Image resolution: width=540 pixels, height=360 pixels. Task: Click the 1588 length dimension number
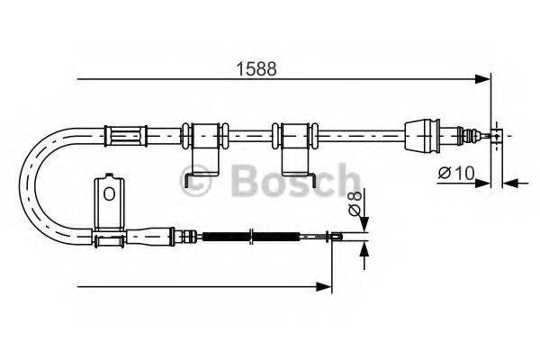coord(256,69)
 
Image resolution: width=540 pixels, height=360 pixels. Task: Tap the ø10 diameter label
coord(456,173)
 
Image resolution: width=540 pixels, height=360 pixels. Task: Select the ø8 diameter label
coord(355,203)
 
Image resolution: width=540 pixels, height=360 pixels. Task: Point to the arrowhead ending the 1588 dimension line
coord(482,79)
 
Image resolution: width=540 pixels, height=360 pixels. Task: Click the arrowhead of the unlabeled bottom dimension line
coord(324,286)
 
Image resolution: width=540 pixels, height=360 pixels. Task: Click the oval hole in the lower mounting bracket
coord(109,194)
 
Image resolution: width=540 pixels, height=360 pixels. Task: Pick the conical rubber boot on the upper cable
coord(422,135)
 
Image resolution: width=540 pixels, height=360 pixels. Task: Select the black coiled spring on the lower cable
coord(251,237)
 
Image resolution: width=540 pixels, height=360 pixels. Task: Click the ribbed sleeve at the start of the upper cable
coord(126,136)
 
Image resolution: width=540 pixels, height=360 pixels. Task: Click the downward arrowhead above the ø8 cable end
coord(364,224)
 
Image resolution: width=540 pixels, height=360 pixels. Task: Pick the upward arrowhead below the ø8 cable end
coord(364,249)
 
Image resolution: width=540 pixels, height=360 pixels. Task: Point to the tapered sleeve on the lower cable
coord(149,237)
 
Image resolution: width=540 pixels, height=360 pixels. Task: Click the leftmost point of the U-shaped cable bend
coord(20,186)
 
